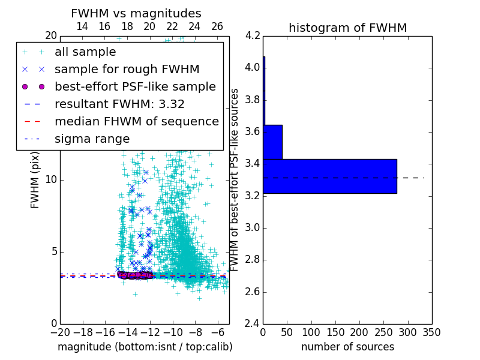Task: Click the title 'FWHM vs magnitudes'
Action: pyautogui.click(x=136, y=13)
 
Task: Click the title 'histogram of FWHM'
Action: pyautogui.click(x=347, y=28)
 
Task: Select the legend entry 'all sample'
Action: pyautogui.click(x=85, y=52)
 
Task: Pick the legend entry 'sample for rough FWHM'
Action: pyautogui.click(x=127, y=69)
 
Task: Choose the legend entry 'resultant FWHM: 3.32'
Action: pyautogui.click(x=119, y=104)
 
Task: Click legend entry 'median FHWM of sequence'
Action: pyautogui.click(x=136, y=121)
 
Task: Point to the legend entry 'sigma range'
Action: pyautogui.click(x=92, y=139)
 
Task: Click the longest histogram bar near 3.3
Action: pyautogui.click(x=330, y=176)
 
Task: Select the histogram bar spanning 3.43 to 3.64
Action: pyautogui.click(x=272, y=142)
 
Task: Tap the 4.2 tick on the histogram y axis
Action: pyautogui.click(x=253, y=35)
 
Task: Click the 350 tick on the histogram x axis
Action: pyautogui.click(x=432, y=332)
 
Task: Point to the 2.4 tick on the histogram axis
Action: pyautogui.click(x=253, y=324)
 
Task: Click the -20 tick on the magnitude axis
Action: pyautogui.click(x=60, y=332)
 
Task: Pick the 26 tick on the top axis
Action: pyautogui.click(x=217, y=26)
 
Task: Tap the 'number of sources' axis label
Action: pyautogui.click(x=347, y=347)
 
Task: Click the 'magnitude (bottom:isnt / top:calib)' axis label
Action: pyautogui.click(x=145, y=347)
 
